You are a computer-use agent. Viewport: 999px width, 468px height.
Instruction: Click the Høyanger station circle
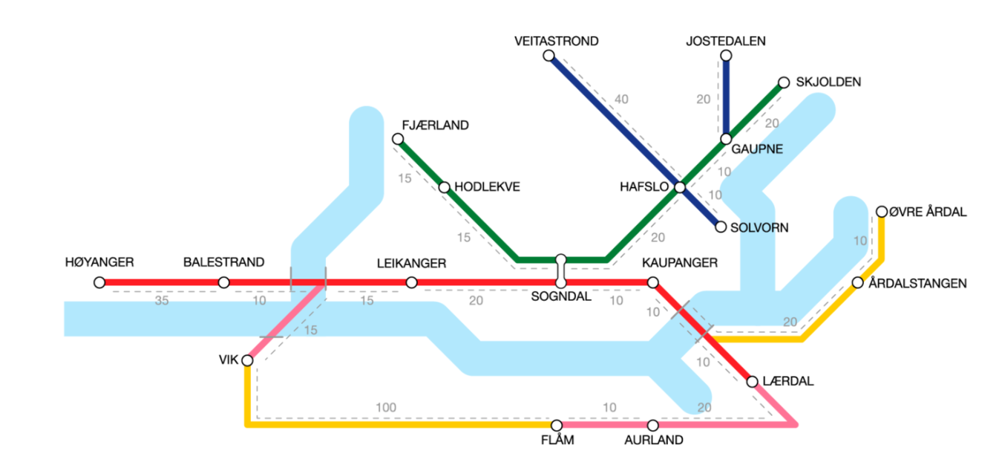coord(99,282)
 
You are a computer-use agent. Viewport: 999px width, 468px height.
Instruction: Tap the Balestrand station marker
coord(223,282)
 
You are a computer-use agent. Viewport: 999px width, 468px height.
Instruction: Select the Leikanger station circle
coord(412,282)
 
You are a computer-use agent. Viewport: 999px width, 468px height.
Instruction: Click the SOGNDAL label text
coord(561,297)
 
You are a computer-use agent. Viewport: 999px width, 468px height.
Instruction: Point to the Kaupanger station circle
coord(653,282)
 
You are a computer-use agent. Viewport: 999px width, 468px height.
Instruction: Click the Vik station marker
coord(247,360)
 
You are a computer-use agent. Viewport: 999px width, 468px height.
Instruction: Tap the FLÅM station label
coord(558,441)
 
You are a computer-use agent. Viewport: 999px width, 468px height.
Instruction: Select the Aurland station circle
coord(653,426)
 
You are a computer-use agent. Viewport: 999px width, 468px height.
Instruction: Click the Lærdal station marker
coord(752,382)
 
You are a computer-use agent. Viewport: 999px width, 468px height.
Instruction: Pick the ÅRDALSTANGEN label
coord(918,283)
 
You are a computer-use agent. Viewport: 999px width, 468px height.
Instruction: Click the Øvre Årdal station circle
coord(882,212)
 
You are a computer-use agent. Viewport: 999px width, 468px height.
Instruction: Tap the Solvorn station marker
coord(720,227)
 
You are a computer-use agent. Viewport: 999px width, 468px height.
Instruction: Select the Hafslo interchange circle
coord(680,187)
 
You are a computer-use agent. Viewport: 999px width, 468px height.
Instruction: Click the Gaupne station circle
coord(726,140)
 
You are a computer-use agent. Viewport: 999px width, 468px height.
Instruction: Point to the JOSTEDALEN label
coord(726,42)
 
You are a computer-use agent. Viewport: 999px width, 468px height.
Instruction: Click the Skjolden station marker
coord(784,82)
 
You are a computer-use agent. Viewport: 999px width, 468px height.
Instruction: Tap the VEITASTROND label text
coord(557,42)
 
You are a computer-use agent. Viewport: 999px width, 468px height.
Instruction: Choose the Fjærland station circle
coord(398,140)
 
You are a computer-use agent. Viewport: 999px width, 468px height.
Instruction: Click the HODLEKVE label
coord(488,187)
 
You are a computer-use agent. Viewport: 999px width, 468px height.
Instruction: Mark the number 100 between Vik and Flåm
coord(386,407)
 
